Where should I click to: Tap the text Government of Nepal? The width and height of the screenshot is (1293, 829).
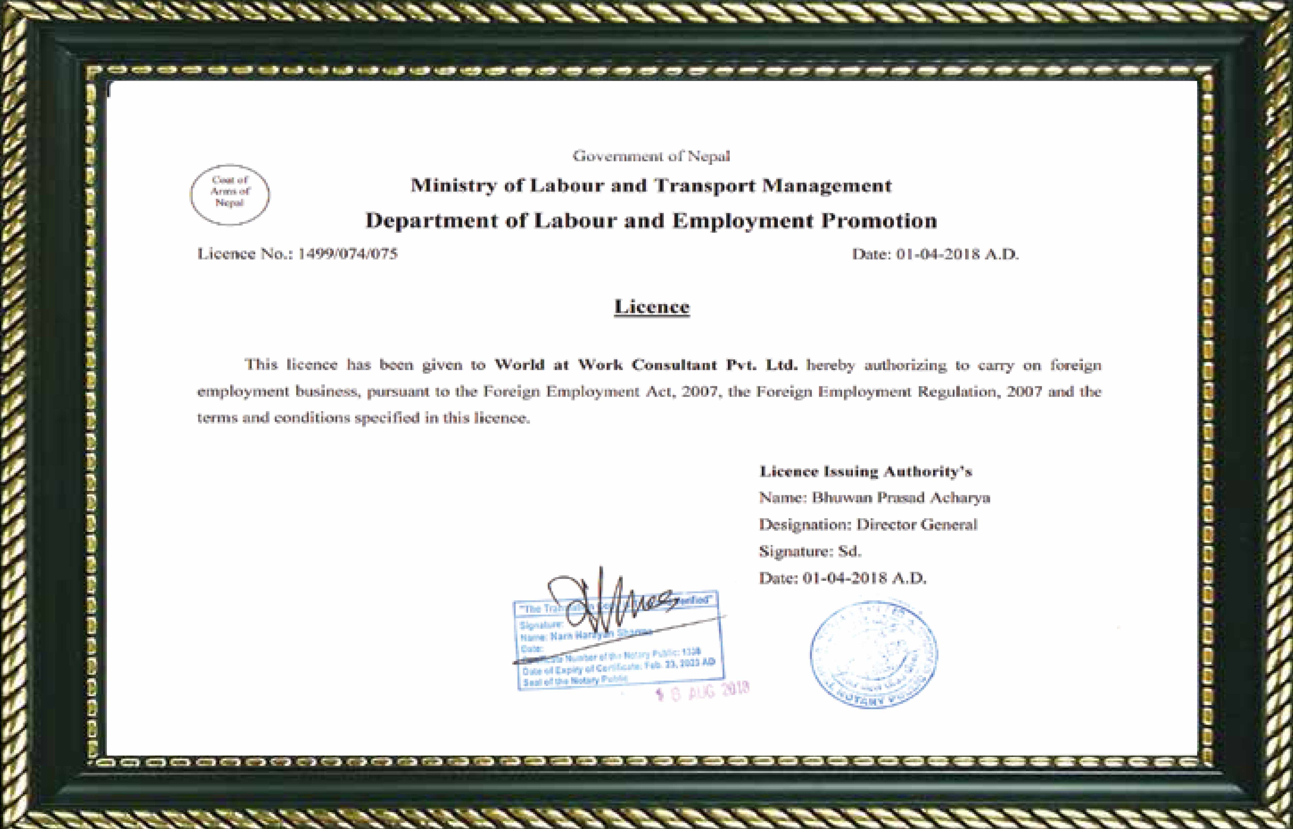[x=651, y=156]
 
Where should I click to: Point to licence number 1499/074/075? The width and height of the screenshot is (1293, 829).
[x=347, y=254]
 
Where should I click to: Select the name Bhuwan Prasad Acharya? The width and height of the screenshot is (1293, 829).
[x=901, y=498]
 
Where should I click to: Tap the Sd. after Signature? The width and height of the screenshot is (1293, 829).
[x=850, y=551]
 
